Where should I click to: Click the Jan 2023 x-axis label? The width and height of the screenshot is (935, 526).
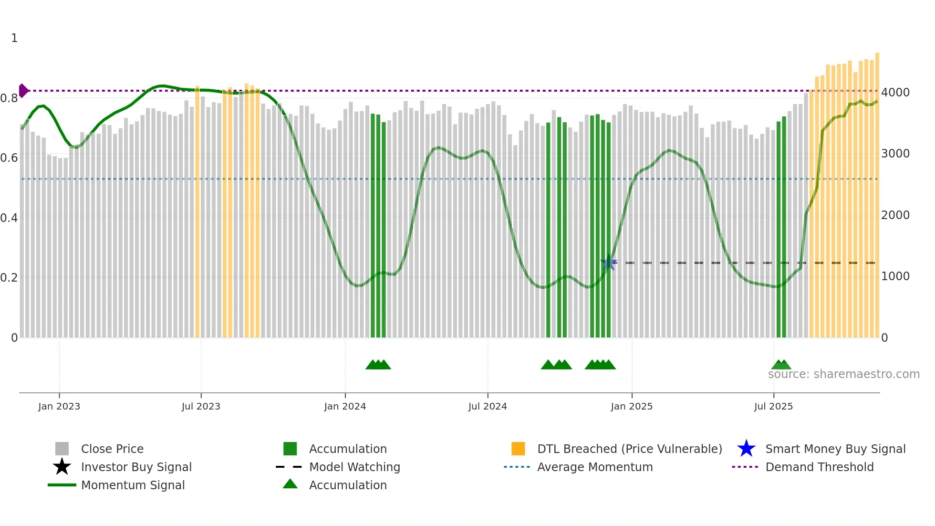point(59,406)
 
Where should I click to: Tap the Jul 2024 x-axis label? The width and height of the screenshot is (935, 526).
point(488,406)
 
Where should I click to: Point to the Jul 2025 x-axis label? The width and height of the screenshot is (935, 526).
point(773,406)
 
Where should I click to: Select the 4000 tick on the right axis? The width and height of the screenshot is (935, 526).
point(895,92)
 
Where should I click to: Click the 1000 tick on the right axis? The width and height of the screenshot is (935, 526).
point(895,276)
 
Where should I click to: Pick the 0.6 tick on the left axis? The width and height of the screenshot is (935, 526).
point(9,158)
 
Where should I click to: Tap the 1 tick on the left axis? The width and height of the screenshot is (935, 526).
point(14,38)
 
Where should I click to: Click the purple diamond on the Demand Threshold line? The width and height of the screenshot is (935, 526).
point(23,91)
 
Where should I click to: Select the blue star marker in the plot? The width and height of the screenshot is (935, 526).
point(608,263)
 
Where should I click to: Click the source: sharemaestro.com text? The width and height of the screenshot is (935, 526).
point(843,374)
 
